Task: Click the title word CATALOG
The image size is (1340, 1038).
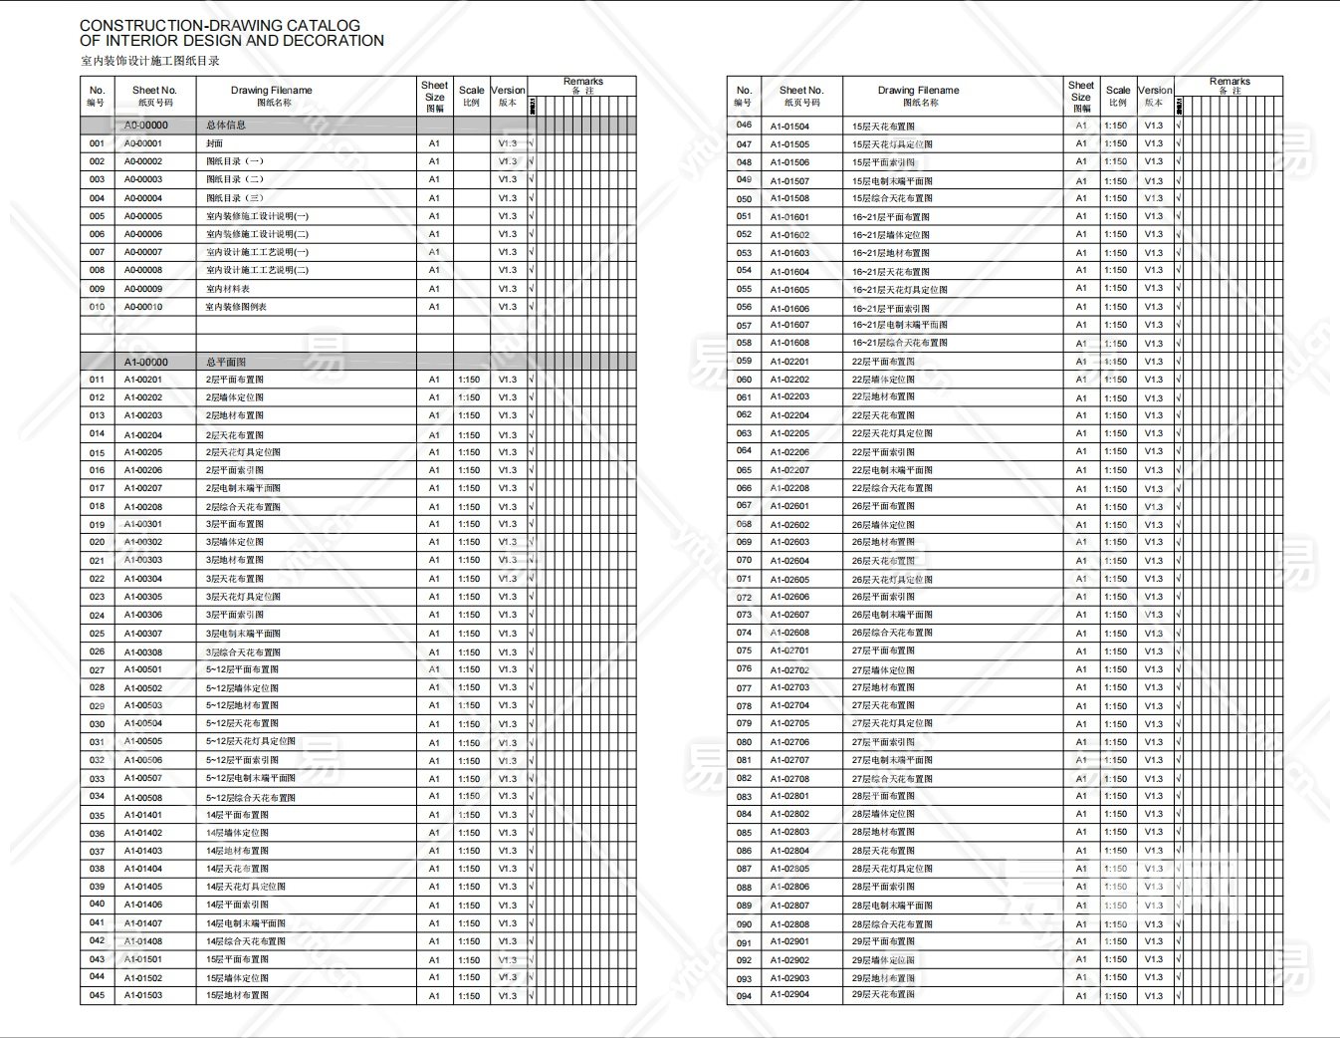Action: tap(325, 25)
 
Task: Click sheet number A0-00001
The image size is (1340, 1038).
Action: tap(143, 143)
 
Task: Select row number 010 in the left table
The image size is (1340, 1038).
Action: tap(97, 307)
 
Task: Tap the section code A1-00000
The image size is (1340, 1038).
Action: tap(146, 363)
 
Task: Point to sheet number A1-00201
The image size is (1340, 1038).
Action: tap(143, 380)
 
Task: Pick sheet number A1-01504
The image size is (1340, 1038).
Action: tap(789, 127)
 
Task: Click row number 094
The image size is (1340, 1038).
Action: tap(744, 996)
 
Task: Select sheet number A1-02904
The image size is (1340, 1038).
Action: tap(789, 995)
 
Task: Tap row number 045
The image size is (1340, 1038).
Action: tap(97, 995)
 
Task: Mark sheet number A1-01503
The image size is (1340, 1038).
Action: tap(143, 995)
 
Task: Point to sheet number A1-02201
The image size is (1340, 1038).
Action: tap(789, 362)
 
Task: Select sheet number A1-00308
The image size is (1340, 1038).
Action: tap(143, 652)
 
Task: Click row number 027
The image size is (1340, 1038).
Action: tap(97, 670)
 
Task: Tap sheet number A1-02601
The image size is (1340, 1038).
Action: tap(789, 506)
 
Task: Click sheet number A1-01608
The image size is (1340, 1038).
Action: tap(789, 343)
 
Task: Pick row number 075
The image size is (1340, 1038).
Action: tap(744, 650)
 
